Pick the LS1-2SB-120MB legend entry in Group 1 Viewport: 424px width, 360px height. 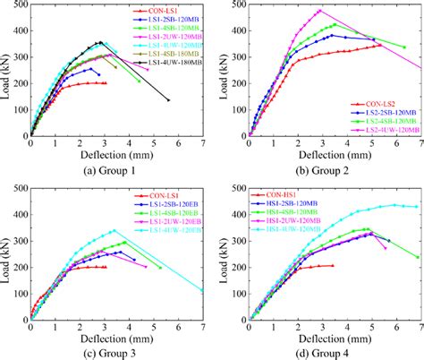[x=175, y=19]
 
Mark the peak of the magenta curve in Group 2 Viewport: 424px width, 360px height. [x=319, y=11]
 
